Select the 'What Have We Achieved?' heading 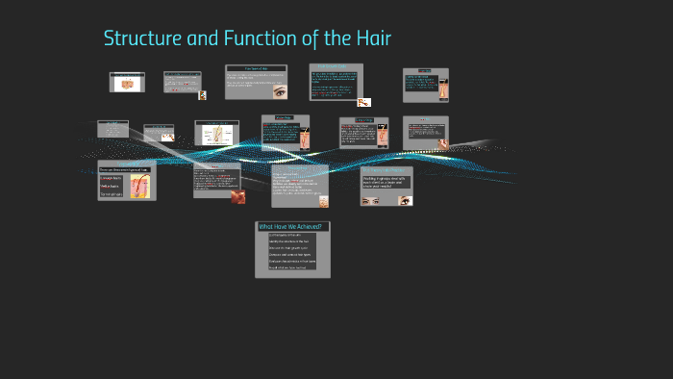(291, 227)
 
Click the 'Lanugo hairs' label (112, 178)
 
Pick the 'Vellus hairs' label (111, 187)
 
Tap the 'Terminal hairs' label (112, 195)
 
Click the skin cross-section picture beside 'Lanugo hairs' (139, 185)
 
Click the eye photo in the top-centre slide (280, 92)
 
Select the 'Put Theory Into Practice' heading (386, 170)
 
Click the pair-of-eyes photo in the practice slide (371, 200)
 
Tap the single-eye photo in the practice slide (404, 200)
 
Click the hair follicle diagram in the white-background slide (216, 135)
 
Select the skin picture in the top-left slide (127, 84)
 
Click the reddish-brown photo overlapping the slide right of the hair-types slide (236, 196)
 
